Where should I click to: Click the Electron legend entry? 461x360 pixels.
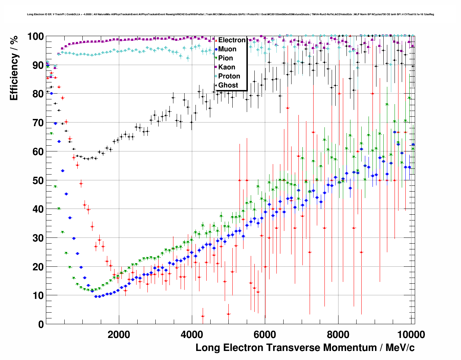(x=232, y=40)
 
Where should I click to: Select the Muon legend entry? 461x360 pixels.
(x=227, y=49)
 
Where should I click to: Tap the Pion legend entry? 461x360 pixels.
(x=225, y=58)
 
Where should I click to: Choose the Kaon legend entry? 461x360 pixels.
(x=227, y=67)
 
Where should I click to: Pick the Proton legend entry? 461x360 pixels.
(x=229, y=76)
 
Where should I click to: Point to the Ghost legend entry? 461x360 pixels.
(x=228, y=85)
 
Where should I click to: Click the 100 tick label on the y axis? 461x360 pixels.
(x=35, y=37)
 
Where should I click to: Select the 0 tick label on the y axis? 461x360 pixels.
(x=41, y=324)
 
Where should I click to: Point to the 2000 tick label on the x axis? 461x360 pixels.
(x=119, y=334)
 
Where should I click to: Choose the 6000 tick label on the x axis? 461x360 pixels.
(x=265, y=334)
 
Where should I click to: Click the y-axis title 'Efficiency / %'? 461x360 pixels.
(x=14, y=68)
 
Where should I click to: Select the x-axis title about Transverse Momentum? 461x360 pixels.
(x=305, y=348)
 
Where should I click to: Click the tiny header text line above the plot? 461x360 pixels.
(x=231, y=14)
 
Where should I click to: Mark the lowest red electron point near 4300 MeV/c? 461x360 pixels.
(x=203, y=316)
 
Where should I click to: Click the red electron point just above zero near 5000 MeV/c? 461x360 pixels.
(x=228, y=314)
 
